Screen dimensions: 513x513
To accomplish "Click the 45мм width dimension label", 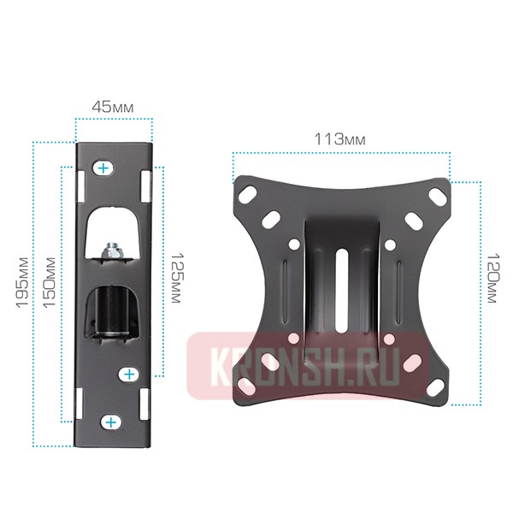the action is pyautogui.click(x=113, y=107).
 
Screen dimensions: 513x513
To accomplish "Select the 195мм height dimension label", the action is pyautogui.click(x=22, y=283).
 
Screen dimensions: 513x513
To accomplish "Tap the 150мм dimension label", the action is pyautogui.click(x=50, y=283).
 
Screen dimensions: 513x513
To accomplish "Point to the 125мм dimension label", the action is pyautogui.click(x=177, y=278).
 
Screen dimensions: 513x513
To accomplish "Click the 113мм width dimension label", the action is pyautogui.click(x=340, y=139).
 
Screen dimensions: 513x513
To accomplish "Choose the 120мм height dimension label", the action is pyautogui.click(x=492, y=278).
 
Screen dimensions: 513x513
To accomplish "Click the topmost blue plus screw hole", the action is pyautogui.click(x=103, y=168).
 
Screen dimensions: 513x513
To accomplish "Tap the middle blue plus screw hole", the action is pyautogui.click(x=130, y=374).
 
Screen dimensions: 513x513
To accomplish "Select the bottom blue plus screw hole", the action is pyautogui.click(x=111, y=422).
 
